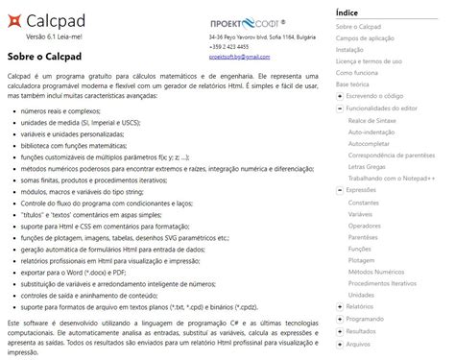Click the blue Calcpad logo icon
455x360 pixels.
click(14, 19)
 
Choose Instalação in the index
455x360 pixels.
click(350, 49)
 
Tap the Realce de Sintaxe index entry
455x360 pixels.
click(374, 120)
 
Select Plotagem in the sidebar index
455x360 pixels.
click(363, 260)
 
